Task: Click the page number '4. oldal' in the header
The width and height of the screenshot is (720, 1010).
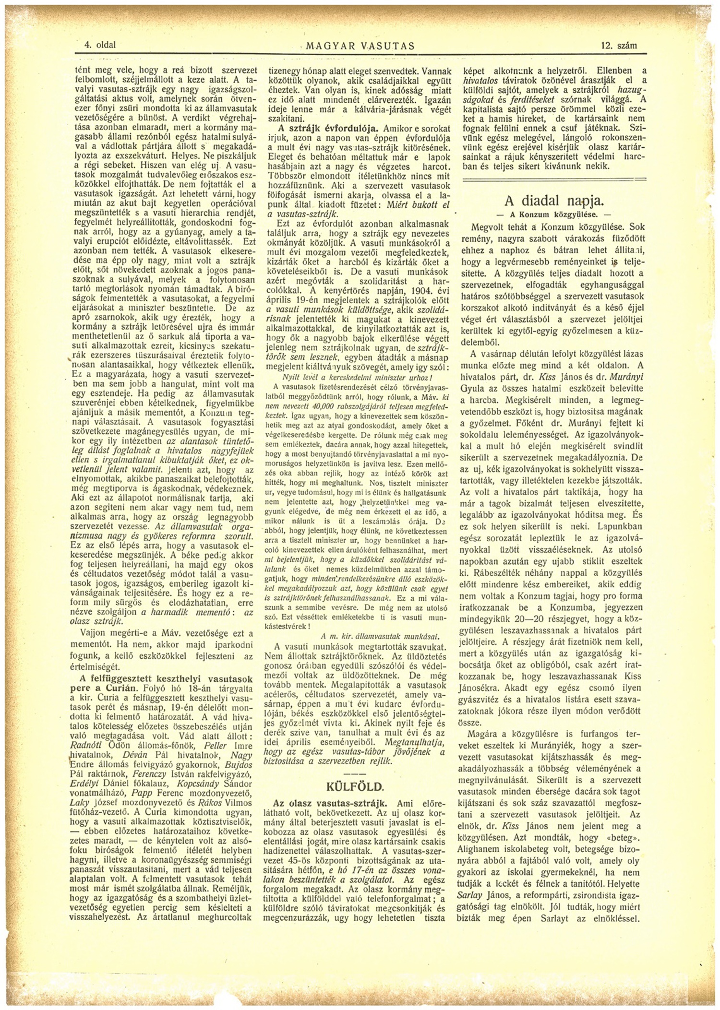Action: tap(100, 46)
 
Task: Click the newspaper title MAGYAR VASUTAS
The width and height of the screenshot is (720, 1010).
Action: tap(360, 46)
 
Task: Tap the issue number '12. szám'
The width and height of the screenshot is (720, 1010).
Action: tap(618, 46)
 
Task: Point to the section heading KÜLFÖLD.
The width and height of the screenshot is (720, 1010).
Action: tap(355, 786)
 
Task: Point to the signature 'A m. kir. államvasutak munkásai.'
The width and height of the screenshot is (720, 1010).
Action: tap(380, 636)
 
